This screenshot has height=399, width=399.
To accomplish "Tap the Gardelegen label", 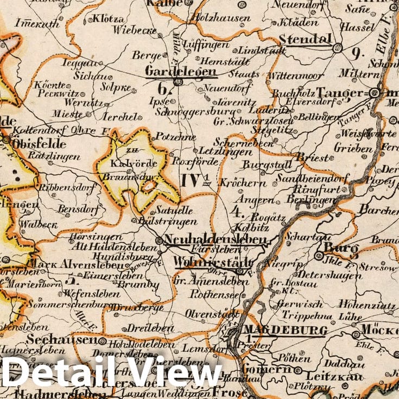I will point(181,71).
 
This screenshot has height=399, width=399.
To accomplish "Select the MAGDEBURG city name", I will point(284,330).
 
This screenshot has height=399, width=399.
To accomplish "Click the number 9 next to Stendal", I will point(356,53).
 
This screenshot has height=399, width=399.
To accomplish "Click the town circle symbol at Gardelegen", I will point(177,82).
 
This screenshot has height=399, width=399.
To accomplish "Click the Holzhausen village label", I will point(224,18).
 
